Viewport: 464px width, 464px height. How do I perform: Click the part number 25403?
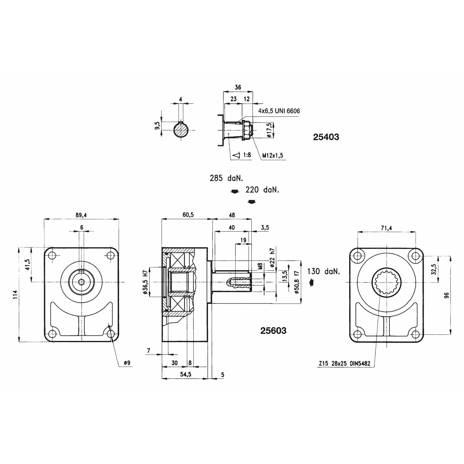pyautogui.click(x=326, y=137)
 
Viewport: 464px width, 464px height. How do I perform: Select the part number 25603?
pyautogui.click(x=273, y=331)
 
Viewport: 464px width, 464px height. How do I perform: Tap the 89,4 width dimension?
pyautogui.click(x=81, y=215)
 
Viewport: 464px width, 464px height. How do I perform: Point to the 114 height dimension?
pyautogui.click(x=16, y=295)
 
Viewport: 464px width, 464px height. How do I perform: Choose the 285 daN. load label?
pyautogui.click(x=226, y=178)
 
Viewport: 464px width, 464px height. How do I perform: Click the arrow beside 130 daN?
pyautogui.click(x=311, y=282)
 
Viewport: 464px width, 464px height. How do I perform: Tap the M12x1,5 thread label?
pyautogui.click(x=273, y=155)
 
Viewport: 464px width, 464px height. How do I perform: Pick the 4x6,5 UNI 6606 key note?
pyautogui.click(x=279, y=111)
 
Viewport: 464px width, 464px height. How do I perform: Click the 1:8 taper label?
pyautogui.click(x=247, y=155)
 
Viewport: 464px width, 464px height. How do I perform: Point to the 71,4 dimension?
pyautogui.click(x=386, y=228)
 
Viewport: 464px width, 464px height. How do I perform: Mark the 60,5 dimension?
pyautogui.click(x=188, y=215)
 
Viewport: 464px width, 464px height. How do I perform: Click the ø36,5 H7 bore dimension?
pyautogui.click(x=145, y=282)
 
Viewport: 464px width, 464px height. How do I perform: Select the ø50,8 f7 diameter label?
pyautogui.click(x=297, y=282)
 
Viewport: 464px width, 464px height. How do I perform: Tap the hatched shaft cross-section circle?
pyautogui.click(x=181, y=130)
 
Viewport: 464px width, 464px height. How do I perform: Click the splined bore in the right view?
pyautogui.click(x=387, y=282)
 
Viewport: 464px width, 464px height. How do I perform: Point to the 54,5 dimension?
pyautogui.click(x=186, y=374)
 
